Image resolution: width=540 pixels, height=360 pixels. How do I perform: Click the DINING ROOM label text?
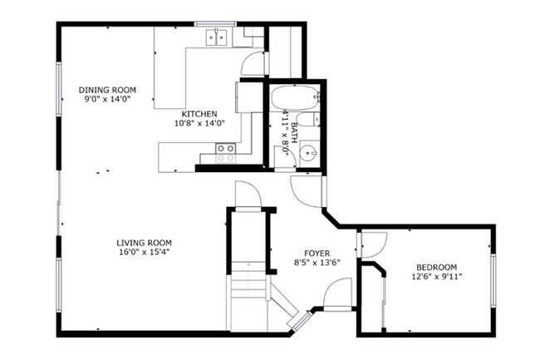coord(107,90)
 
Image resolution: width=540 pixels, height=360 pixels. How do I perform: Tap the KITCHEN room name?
coord(199,114)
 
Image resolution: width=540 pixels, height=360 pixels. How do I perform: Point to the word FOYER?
coord(316,254)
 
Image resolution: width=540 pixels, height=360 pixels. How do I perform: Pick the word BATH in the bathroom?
coord(294,133)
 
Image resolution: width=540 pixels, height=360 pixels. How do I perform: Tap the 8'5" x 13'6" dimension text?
coord(316,263)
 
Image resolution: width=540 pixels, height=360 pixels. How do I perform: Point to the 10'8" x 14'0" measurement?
coord(199,123)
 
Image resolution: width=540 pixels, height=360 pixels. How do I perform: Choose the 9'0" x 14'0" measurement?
coord(107,99)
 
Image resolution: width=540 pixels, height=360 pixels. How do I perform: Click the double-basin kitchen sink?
coord(218,37)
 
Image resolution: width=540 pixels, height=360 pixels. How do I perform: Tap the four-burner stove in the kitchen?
coord(225,151)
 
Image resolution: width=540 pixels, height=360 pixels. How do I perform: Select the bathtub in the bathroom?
coord(294,97)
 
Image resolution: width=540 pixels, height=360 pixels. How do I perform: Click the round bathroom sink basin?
coord(308,153)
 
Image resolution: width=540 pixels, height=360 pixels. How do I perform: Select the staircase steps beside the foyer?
coord(248,287)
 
